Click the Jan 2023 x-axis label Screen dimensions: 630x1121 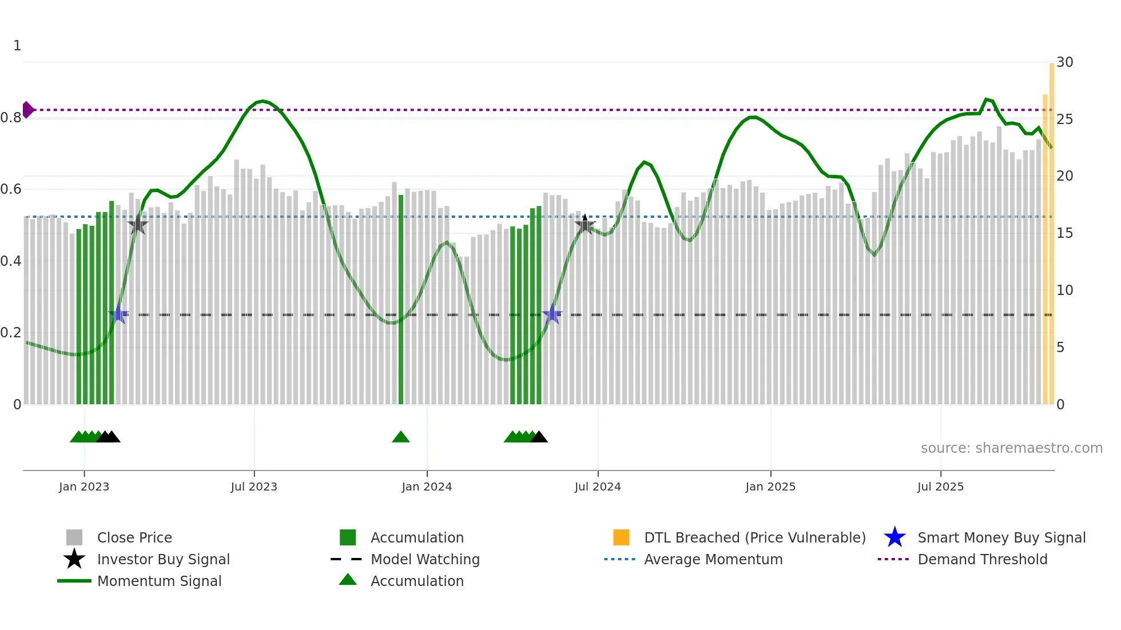84,487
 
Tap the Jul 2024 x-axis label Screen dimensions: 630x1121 598,487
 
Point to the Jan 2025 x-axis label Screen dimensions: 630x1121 770,487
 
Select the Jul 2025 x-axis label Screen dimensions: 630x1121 940,487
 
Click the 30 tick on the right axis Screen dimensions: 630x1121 1064,62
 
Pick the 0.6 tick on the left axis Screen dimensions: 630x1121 11,189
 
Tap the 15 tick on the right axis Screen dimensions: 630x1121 1064,233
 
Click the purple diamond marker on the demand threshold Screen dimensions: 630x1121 27,109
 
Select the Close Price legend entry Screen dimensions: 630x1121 134,537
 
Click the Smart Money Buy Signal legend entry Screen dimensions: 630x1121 1001,537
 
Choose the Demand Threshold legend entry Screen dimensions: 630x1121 982,559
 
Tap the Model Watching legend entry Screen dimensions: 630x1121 425,559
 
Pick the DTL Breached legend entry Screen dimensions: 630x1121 754,537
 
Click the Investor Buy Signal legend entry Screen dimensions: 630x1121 163,559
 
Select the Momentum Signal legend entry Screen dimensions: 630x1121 159,581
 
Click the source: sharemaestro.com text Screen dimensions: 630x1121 1011,448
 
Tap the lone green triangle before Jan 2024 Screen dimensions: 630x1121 401,437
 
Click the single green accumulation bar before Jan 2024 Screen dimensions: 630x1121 401,297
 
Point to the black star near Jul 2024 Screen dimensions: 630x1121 585,224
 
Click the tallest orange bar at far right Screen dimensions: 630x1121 1051,229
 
